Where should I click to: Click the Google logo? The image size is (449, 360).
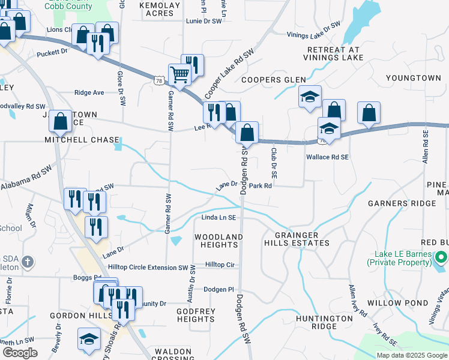click(x=19, y=353)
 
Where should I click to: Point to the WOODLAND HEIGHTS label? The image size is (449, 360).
click(x=218, y=241)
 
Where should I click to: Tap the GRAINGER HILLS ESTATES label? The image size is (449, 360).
click(x=297, y=239)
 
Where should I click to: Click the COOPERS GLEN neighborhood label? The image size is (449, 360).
click(x=273, y=79)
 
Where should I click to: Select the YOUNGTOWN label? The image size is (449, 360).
click(x=413, y=78)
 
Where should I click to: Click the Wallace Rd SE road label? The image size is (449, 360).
click(x=327, y=157)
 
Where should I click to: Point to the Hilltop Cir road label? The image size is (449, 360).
click(x=220, y=264)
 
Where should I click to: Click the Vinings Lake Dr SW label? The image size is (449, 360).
click(x=313, y=31)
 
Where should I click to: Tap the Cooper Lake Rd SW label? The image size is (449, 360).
click(x=229, y=74)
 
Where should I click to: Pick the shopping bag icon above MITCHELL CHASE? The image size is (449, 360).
click(x=60, y=122)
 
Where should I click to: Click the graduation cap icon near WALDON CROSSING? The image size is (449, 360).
click(x=89, y=338)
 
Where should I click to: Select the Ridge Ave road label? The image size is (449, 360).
click(x=89, y=92)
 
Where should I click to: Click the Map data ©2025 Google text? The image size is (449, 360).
click(x=411, y=355)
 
